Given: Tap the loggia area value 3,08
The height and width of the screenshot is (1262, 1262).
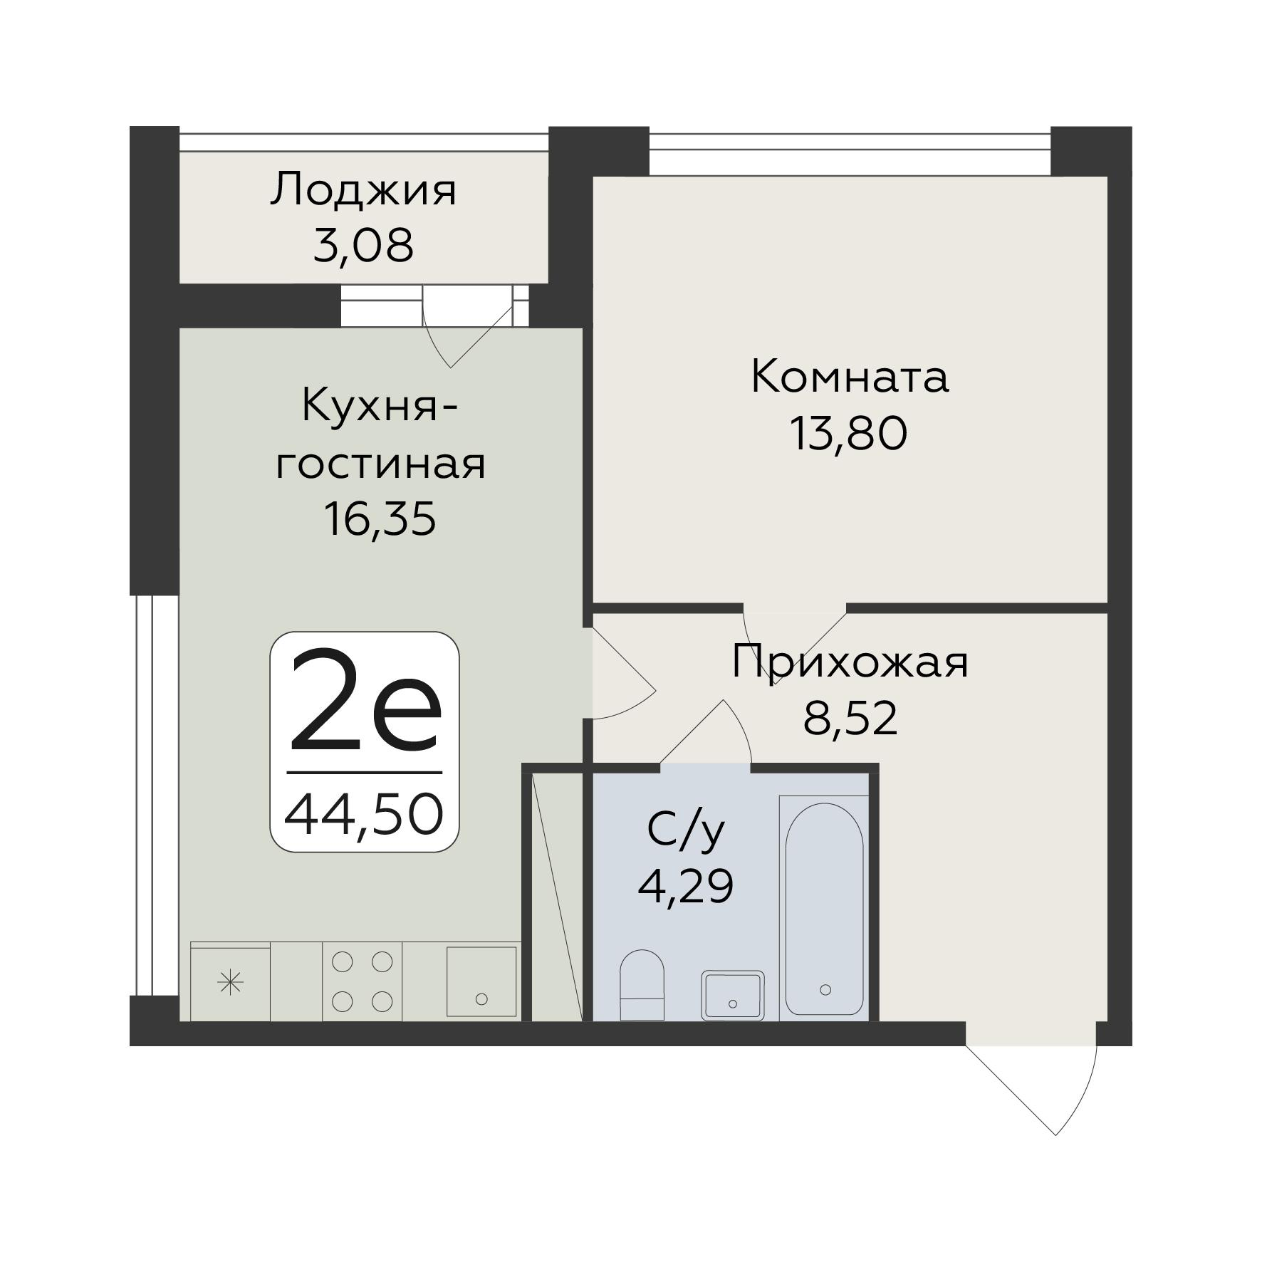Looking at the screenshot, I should pyautogui.click(x=363, y=246).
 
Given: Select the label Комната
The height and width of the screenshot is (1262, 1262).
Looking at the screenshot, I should pyautogui.click(x=849, y=377).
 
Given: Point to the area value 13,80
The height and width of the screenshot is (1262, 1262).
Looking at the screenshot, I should pyautogui.click(x=849, y=434).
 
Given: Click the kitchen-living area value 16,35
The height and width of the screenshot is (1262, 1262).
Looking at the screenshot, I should pyautogui.click(x=379, y=518).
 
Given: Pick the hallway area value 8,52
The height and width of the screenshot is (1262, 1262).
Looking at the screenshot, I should pyautogui.click(x=850, y=719).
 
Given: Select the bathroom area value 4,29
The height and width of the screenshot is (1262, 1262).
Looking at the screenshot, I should pyautogui.click(x=685, y=887).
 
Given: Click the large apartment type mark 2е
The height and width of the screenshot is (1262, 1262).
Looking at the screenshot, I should pyautogui.click(x=365, y=702).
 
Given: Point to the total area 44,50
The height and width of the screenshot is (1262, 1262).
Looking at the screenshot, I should pyautogui.click(x=364, y=815).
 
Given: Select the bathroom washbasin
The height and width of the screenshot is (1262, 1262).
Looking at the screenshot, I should pyautogui.click(x=732, y=995).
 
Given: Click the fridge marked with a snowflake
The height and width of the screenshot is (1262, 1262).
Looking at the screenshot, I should pyautogui.click(x=230, y=983).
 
